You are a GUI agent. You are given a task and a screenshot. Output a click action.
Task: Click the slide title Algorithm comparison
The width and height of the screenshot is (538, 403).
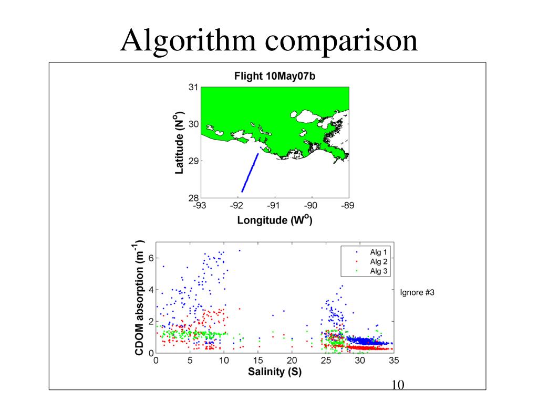coord(269,40)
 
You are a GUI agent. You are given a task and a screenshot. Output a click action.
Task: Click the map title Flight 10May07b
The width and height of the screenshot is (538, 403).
coord(274,76)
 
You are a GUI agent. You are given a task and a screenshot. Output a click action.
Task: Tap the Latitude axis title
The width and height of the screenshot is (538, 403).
coord(179,142)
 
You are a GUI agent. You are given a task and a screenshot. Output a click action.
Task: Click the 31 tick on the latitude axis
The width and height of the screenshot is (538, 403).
coord(193,88)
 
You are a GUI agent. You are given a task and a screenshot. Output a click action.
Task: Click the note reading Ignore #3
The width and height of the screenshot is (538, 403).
coord(417,293)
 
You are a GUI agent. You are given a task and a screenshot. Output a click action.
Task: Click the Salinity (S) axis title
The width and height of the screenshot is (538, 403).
coord(274,372)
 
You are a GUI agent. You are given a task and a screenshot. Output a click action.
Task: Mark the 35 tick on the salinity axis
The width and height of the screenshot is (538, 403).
coord(394,361)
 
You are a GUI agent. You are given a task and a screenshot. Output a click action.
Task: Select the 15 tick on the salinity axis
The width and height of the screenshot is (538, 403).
coord(257,361)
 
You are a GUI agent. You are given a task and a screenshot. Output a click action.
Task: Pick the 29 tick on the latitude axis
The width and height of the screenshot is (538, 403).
coord(193,161)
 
